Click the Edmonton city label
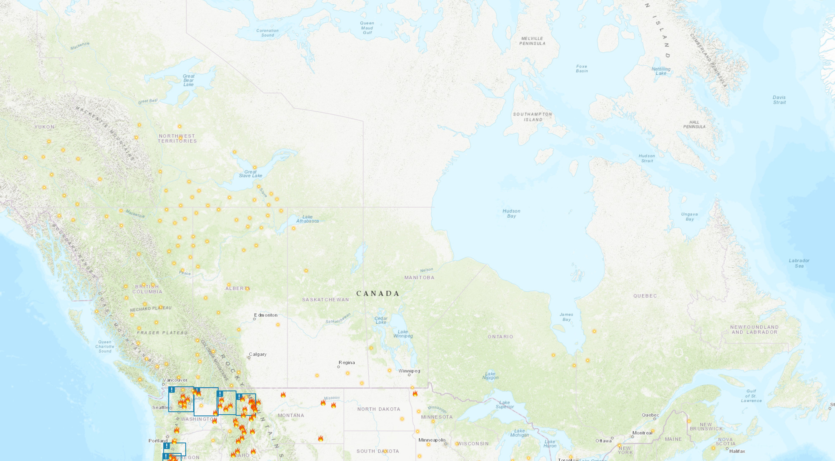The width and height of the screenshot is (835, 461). click(265, 315)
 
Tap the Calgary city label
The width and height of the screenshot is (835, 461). click(258, 354)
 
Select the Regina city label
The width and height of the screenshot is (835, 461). click(346, 362)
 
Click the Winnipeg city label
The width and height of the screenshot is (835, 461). click(409, 371)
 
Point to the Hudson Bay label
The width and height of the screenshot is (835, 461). click(511, 213)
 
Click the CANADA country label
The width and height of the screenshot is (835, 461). click(378, 293)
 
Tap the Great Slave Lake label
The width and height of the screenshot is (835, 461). click(250, 174)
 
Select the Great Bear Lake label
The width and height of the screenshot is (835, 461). click(188, 80)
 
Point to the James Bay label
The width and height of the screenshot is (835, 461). click(566, 317)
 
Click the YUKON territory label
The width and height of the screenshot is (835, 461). click(44, 127)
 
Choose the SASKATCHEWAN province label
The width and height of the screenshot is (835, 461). click(325, 299)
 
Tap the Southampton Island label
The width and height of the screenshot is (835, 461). click(532, 117)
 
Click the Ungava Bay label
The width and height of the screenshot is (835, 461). click(689, 216)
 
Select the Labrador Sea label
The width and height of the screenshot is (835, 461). click(799, 263)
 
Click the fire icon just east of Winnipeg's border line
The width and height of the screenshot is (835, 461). click(415, 394)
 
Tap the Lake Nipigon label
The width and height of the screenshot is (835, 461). click(490, 376)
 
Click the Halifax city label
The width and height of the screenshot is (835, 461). click(737, 451)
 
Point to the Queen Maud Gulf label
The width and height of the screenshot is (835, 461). click(367, 28)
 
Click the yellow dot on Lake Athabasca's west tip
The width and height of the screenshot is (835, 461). click(293, 228)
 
